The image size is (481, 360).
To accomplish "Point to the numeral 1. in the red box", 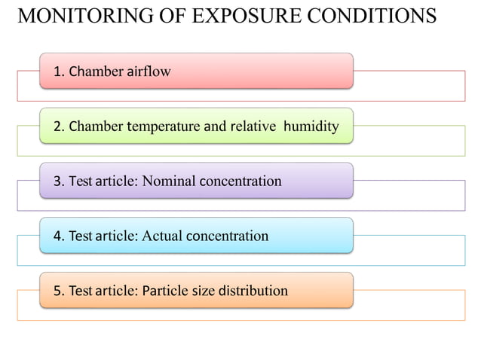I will pos(59,72).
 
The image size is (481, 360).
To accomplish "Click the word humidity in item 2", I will pos(311,126).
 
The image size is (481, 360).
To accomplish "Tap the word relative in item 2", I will pos(253,126).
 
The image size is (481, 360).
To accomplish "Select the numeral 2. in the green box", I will pos(59,126).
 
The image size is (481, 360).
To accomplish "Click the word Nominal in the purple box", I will pos(167,181).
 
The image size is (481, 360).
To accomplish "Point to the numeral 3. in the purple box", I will pos(59,181).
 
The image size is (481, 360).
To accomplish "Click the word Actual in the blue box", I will pos(161,236).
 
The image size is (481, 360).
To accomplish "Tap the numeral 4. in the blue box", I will pos(59,236).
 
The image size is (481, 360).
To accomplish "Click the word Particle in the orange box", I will pos(165,291).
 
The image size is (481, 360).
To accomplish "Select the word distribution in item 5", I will pos(253,291).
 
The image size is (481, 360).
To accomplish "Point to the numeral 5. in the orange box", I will pos(59,291).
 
